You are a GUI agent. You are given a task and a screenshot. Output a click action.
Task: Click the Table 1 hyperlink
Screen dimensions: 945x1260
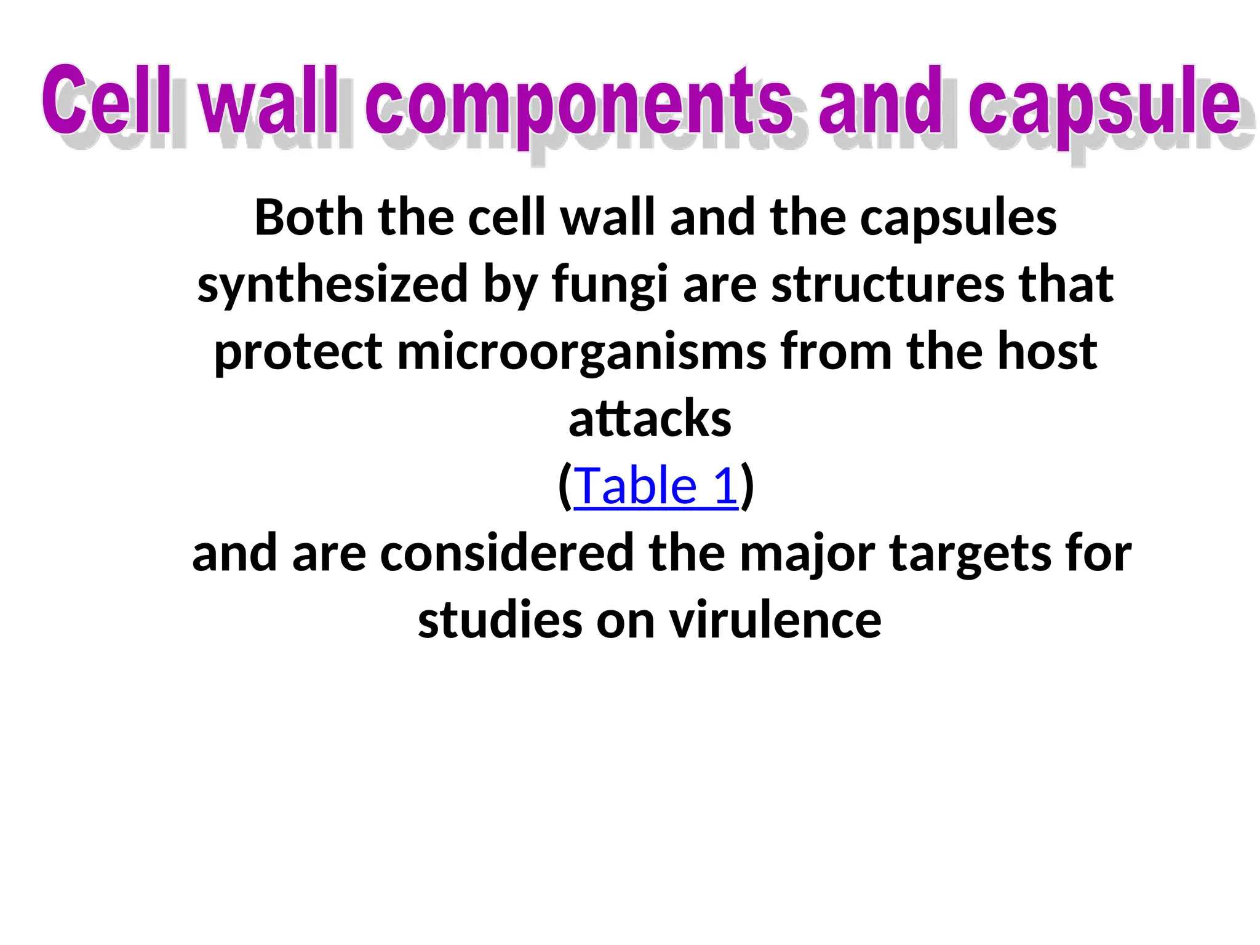655,486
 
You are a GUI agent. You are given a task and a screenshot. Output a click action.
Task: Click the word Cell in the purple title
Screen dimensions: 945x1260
106,102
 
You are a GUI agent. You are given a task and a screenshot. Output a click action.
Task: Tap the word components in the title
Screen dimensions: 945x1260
578,105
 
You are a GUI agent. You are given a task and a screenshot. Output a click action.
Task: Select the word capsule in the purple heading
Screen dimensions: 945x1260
1104,105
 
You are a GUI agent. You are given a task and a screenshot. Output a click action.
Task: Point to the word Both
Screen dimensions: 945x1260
309,218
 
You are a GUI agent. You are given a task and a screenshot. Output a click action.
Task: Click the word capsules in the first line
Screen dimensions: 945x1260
958,219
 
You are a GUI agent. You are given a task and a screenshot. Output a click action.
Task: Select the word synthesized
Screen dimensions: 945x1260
333,285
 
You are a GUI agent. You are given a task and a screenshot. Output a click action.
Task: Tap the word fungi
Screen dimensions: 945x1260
610,285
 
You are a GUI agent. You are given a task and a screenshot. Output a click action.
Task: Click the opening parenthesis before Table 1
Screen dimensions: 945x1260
564,487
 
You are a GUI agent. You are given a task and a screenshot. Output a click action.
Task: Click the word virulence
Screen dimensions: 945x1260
776,620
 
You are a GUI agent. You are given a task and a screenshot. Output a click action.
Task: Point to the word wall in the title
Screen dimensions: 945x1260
269,102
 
